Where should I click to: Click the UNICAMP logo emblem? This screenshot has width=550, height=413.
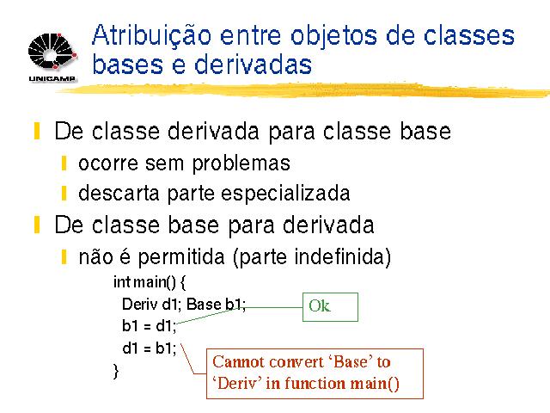point(52,51)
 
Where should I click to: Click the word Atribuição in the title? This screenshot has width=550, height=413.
point(152,36)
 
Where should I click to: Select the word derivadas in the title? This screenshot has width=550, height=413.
point(253,65)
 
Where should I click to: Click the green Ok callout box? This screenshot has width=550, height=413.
point(330,307)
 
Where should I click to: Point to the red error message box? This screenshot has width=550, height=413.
point(315,373)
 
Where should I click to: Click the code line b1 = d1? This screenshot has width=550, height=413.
point(149,326)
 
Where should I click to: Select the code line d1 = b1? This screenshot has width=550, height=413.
point(149,348)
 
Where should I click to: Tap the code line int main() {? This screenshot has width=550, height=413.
point(150,282)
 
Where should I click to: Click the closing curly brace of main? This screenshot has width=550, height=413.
point(116,371)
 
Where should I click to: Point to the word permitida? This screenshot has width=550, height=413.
point(181,257)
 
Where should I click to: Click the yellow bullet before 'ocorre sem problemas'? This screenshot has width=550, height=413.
point(64,163)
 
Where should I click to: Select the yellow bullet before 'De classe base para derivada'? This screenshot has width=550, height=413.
point(37,225)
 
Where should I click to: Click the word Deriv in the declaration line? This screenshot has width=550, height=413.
point(139,304)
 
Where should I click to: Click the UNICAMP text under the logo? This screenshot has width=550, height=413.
point(52,78)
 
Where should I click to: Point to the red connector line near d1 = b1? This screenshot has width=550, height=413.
point(192,359)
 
